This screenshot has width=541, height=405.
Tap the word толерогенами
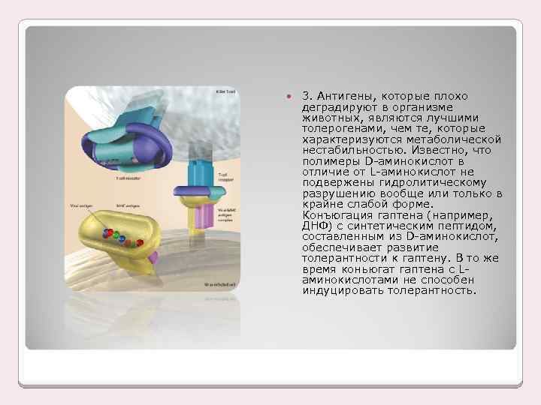coord(337,128)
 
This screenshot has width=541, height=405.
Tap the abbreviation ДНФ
coord(311,225)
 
